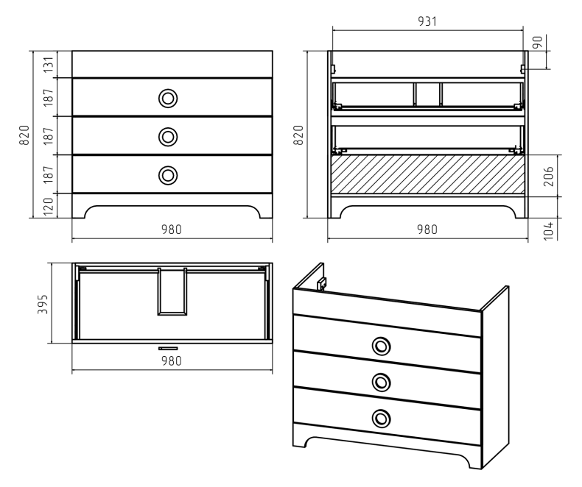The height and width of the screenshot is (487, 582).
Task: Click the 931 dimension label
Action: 427,21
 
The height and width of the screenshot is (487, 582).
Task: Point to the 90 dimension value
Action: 538,42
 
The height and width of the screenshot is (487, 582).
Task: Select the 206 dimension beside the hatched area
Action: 548,176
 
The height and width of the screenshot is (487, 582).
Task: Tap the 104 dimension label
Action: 548,230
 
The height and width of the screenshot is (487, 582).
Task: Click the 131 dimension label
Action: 49,64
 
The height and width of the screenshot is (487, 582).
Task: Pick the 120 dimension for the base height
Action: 49,207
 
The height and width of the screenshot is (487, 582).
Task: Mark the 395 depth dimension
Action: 43,305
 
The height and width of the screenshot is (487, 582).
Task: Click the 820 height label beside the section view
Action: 299,135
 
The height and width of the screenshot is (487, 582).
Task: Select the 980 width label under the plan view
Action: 172,360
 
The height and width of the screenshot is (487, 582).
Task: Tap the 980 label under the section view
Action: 427,230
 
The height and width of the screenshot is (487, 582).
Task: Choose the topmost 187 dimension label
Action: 49,97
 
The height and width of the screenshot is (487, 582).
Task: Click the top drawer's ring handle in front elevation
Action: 168,99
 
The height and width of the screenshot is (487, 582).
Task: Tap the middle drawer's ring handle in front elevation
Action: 168,137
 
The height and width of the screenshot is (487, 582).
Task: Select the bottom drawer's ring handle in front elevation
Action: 168,175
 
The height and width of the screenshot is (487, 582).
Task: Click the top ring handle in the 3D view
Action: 381,346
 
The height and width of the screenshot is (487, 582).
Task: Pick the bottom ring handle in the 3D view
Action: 381,419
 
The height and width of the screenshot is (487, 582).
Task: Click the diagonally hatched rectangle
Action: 427,174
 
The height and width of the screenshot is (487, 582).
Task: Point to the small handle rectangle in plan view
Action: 168,349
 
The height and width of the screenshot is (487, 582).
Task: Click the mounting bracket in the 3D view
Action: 321,284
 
